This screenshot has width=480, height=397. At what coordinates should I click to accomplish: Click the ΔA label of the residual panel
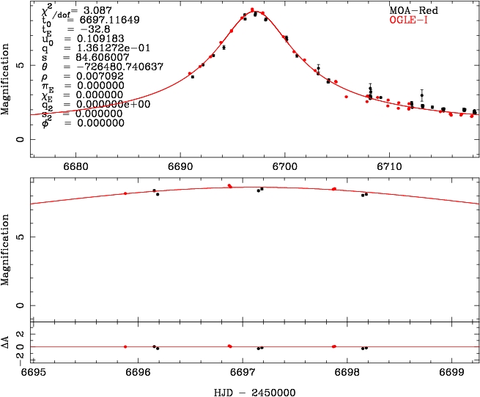(x=7, y=341)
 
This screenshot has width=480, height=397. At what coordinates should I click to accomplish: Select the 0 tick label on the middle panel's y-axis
(x=23, y=305)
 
